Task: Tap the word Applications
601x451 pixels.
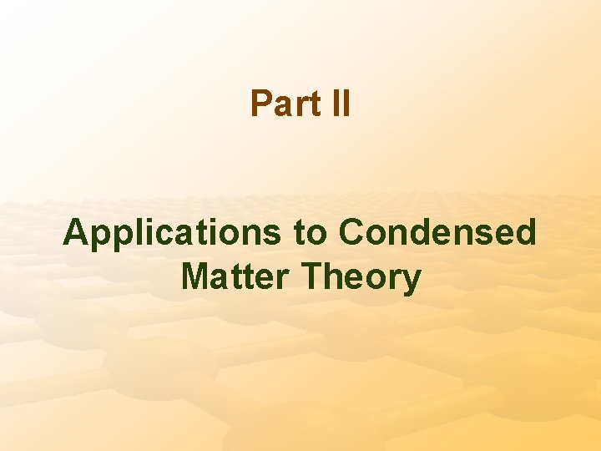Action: (172, 233)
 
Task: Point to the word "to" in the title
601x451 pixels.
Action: (310, 233)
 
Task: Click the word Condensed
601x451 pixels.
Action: (437, 233)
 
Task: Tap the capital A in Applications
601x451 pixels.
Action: (76, 233)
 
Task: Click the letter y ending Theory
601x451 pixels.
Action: (412, 281)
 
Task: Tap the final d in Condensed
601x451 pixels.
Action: (525, 233)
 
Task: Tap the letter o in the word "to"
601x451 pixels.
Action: (316, 235)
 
